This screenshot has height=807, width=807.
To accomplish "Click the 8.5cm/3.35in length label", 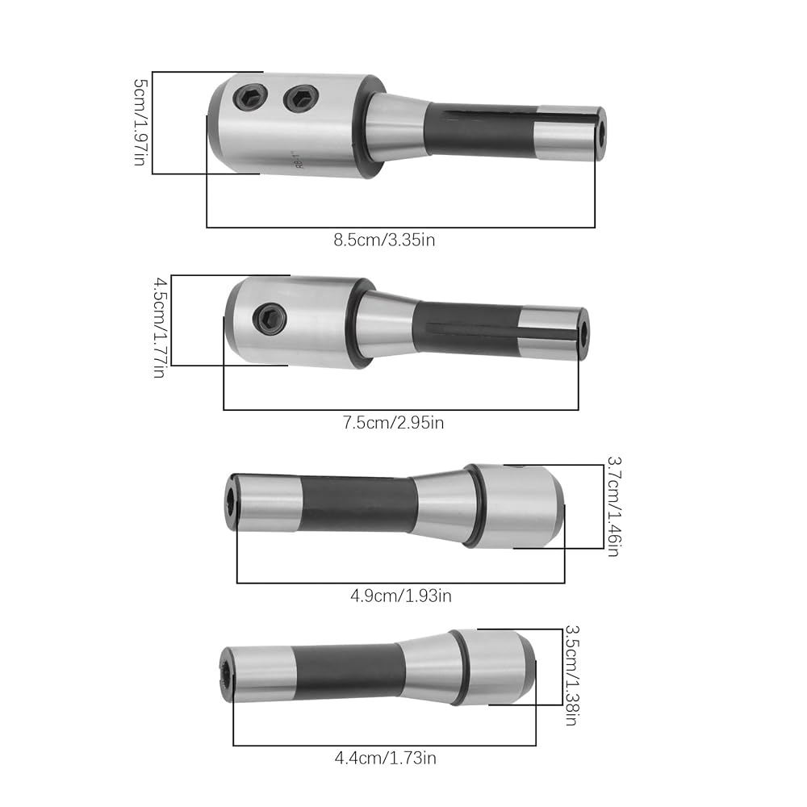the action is click(384, 240).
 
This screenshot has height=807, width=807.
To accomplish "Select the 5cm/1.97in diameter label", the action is click(140, 122).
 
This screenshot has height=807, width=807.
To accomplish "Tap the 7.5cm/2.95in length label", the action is click(393, 423).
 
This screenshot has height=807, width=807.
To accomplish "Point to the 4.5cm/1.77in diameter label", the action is click(160, 328).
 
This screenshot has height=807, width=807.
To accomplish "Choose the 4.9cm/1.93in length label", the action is click(401, 596).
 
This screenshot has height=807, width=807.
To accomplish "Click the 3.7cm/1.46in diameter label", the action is click(613, 507).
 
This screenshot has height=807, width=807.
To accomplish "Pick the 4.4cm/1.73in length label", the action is click(386, 758).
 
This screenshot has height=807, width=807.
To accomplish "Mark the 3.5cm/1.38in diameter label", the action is click(572, 675).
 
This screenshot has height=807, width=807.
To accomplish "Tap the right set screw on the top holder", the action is click(301, 98).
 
